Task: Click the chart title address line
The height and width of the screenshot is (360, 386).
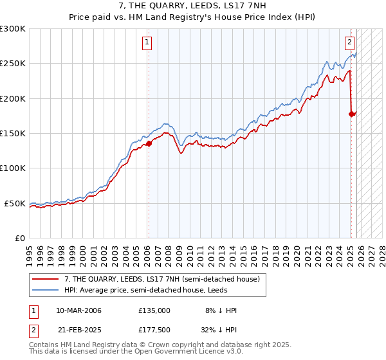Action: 192,6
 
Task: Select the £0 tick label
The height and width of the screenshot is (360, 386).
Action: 20,238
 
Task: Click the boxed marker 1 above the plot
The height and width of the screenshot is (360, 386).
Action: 147,43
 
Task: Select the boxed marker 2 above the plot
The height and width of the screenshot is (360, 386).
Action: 349,43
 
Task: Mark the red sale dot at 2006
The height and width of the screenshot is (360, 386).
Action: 149,144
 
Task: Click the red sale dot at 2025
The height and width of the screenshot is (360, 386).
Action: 351,114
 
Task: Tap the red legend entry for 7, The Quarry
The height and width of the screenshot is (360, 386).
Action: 161,280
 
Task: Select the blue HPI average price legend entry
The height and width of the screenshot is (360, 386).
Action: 154,290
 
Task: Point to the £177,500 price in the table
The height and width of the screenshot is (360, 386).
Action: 154,331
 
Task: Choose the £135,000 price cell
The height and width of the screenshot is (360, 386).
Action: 154,310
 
